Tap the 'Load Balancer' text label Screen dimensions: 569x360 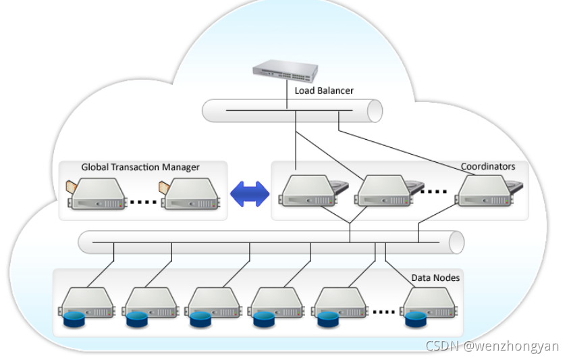click(324, 91)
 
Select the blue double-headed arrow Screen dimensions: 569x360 click(250, 194)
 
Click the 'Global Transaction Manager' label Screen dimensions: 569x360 click(140, 168)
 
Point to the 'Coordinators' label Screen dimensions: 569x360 click(488, 166)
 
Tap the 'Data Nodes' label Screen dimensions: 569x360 click(435, 278)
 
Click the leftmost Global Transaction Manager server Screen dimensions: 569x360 click(97, 194)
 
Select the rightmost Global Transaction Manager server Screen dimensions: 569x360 click(190, 194)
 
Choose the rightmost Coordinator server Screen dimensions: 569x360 click(489, 191)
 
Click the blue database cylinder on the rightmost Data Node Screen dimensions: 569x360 click(416, 319)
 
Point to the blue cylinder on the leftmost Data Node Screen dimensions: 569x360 click(74, 319)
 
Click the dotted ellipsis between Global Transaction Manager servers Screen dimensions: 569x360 click(143, 202)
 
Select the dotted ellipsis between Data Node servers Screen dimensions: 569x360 click(383, 312)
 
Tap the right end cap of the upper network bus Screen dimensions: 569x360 click(375, 111)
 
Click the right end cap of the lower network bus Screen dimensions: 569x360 click(456, 242)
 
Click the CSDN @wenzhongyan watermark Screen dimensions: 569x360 click(492, 346)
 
